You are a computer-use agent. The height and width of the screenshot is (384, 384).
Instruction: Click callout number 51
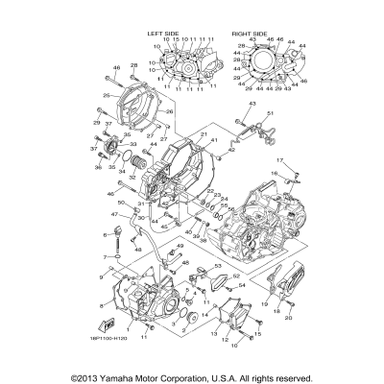tap(271, 115)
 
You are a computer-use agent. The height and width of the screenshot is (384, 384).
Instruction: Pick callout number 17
tap(281, 159)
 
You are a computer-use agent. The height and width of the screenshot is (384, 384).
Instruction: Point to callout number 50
tap(120, 204)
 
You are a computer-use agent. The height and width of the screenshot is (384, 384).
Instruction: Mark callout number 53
tap(218, 265)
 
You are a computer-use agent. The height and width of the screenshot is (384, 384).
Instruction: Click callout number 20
tap(289, 317)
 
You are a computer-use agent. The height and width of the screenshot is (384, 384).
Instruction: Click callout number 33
tap(132, 143)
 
